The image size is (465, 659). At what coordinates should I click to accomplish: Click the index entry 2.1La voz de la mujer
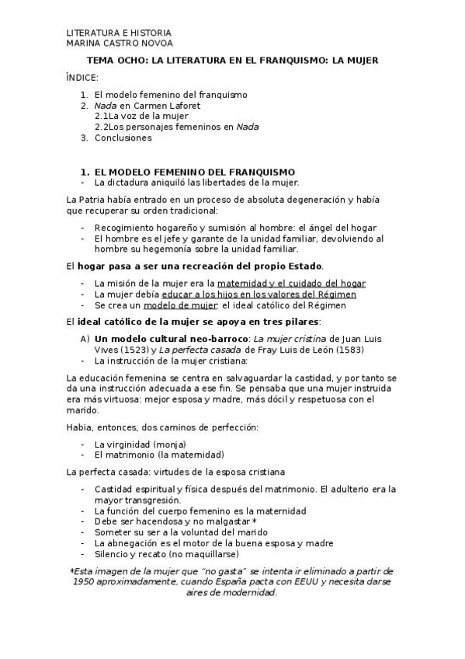click(x=141, y=116)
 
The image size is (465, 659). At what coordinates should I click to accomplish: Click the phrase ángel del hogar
click(x=337, y=228)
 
